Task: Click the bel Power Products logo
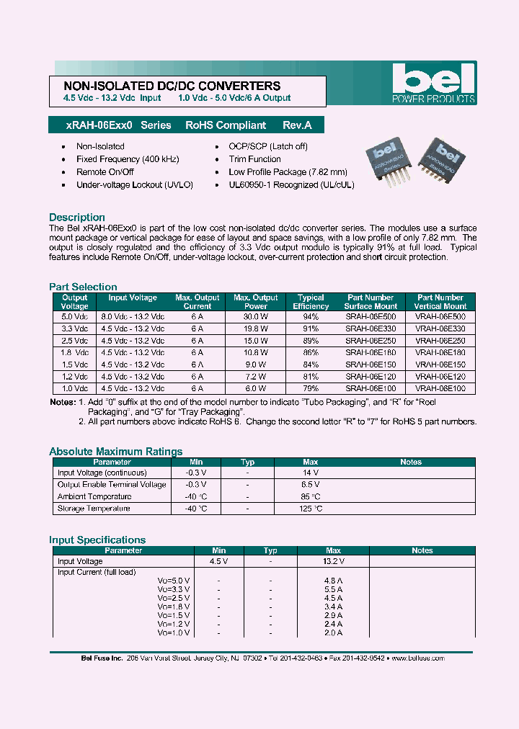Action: coord(433,83)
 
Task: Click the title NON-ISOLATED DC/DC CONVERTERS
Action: coord(167,86)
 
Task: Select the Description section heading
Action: coord(77,218)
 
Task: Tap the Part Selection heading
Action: coord(83,287)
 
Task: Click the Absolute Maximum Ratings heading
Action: coord(115,452)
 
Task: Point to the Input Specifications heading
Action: coord(97,540)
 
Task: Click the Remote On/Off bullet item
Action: coord(105,172)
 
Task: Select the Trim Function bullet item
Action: coord(254,159)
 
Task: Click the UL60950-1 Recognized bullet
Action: coord(291,185)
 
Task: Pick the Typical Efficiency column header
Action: coord(311,302)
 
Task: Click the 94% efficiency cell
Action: coord(311,316)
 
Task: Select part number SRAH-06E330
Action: coord(371,328)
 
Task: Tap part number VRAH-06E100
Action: coord(440,388)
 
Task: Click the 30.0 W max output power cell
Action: coord(255,316)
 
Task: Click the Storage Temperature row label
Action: coord(94,509)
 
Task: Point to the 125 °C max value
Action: coord(311,509)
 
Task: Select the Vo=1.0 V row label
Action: coord(174,632)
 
